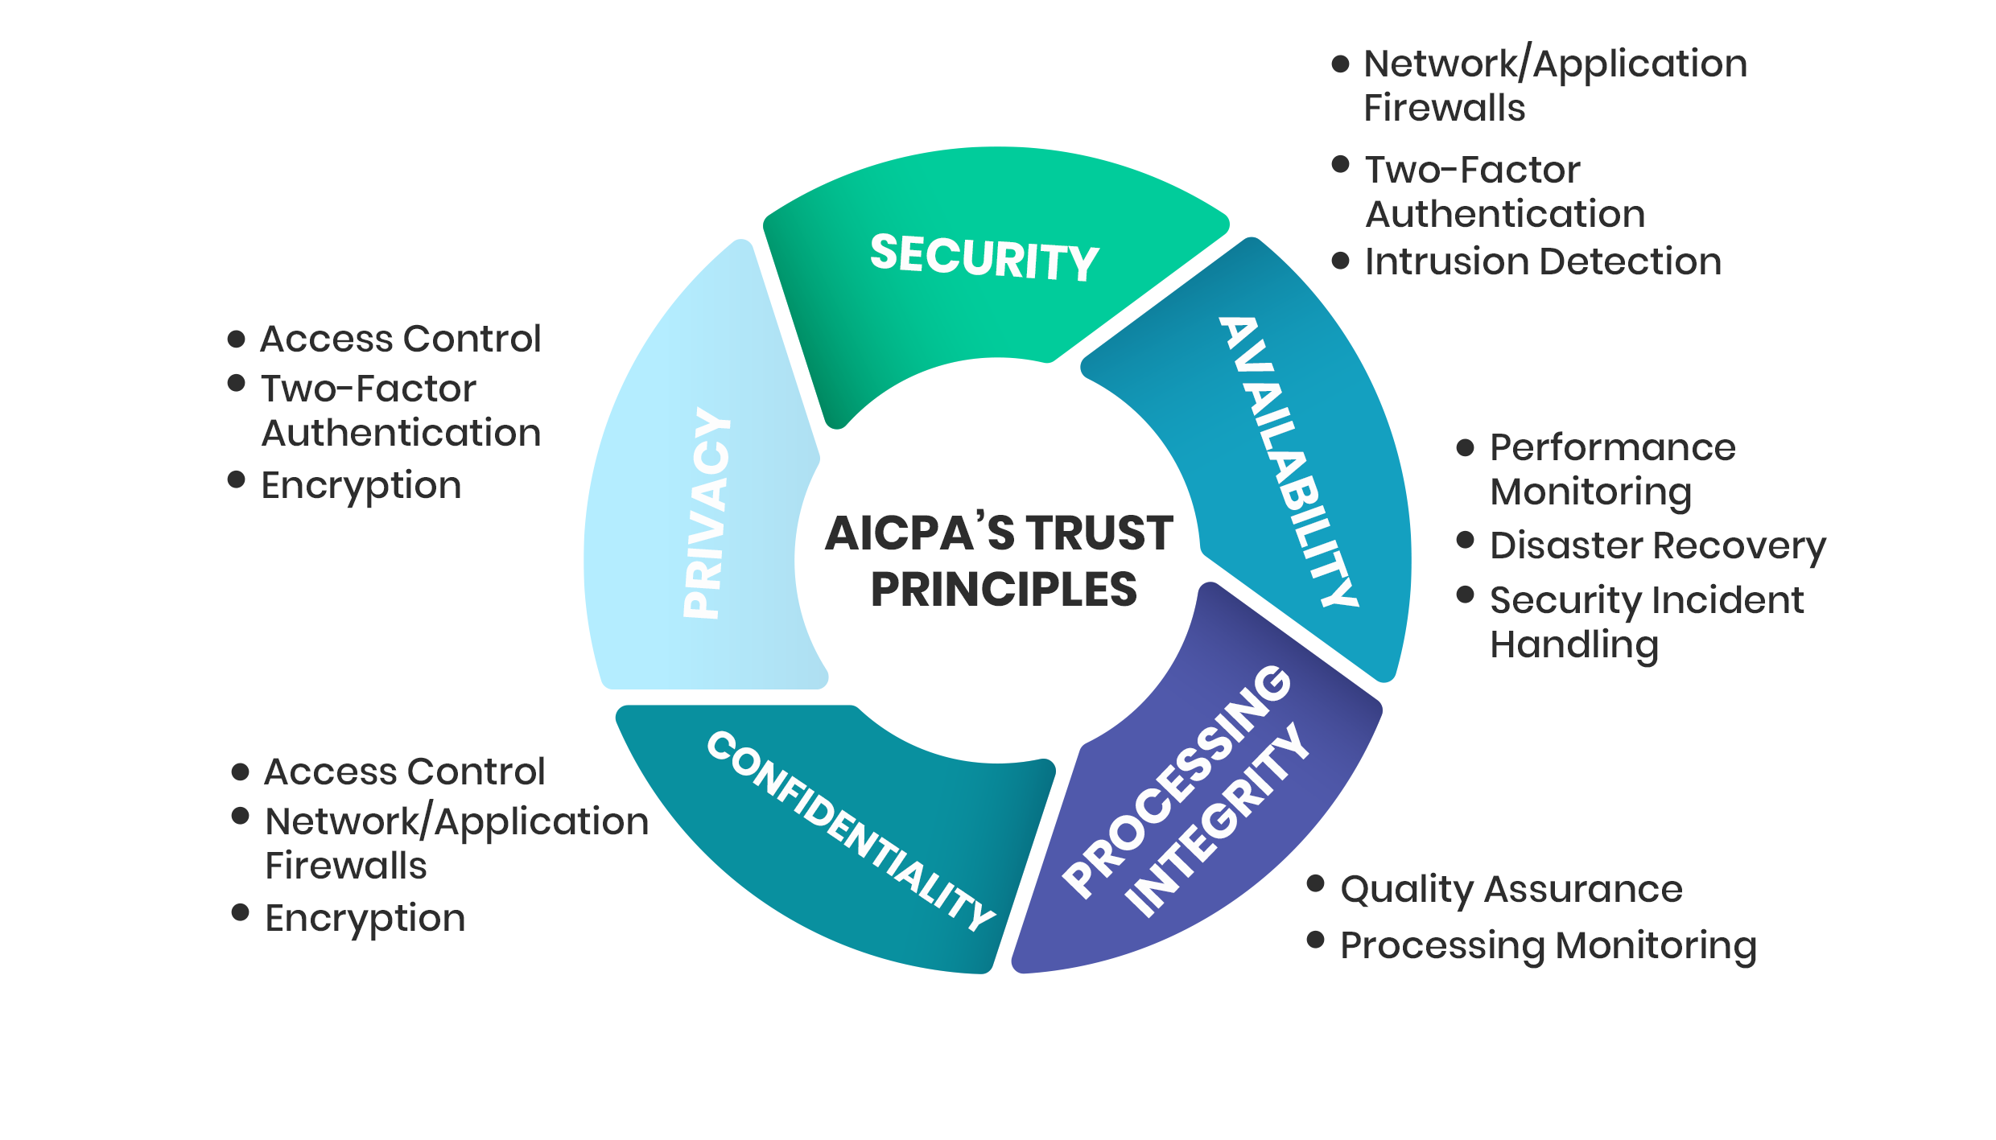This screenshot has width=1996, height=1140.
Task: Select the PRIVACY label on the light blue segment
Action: pos(707,513)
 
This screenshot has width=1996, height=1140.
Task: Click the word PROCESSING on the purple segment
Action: pos(1177,780)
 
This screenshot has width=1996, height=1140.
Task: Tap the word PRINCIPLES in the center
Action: pos(1004,590)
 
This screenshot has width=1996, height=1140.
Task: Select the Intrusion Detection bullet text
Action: pos(1543,261)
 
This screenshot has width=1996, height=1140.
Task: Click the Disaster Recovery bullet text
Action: pos(1658,546)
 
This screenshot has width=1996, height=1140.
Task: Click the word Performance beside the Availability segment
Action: pos(1613,447)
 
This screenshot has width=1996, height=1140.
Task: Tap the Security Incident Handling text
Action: pos(1647,623)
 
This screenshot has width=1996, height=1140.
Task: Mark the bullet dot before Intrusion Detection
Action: pos(1340,261)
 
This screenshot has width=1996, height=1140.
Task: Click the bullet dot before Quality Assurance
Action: pos(1316,884)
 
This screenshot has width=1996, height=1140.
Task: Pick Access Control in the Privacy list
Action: pos(401,339)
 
